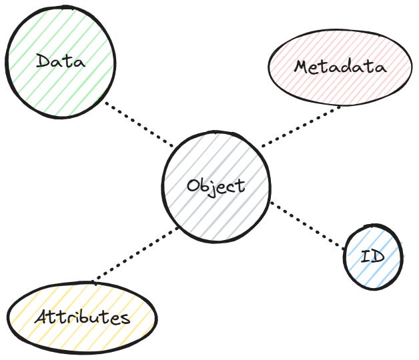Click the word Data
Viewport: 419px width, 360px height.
61,63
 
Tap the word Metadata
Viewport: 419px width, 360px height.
340,67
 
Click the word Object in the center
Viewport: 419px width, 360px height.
216,186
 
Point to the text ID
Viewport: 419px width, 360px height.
372,257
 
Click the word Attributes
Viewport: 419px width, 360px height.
82,317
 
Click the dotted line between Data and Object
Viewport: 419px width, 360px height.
138,123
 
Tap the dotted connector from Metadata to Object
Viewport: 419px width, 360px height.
300,126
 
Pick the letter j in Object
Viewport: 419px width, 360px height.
215,189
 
